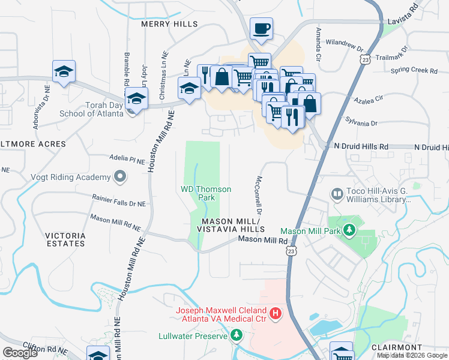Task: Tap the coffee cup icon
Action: tap(262, 28)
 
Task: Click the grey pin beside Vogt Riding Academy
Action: tap(120, 177)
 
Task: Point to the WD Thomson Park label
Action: tap(206, 193)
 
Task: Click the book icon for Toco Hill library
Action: tap(337, 194)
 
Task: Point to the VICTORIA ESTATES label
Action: tap(65, 239)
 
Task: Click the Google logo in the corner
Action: tap(20, 353)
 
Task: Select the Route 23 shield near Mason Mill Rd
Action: tap(291, 251)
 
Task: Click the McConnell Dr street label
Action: tap(259, 195)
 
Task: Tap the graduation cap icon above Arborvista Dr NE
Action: tap(64, 71)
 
